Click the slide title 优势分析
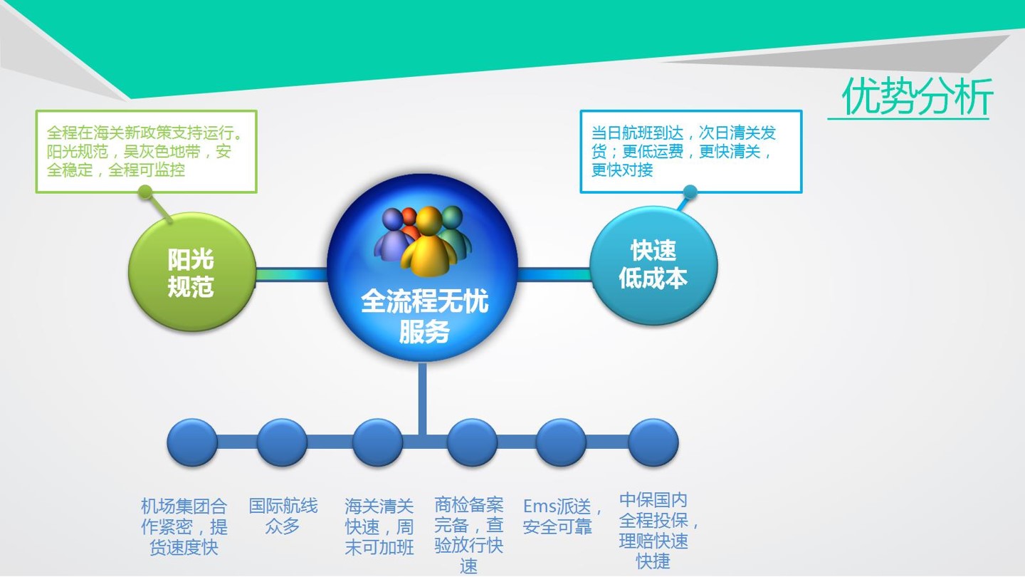pyautogui.click(x=917, y=95)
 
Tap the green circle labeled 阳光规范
pyautogui.click(x=191, y=271)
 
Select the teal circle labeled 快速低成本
pyautogui.click(x=653, y=266)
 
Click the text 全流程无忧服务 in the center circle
pyautogui.click(x=425, y=316)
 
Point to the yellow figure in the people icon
pyautogui.click(x=429, y=243)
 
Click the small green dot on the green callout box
pyautogui.click(x=145, y=192)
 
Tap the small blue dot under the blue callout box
pyautogui.click(x=690, y=192)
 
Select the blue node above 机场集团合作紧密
pyautogui.click(x=192, y=442)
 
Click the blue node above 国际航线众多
pyautogui.click(x=282, y=442)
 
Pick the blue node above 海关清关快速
pyautogui.click(x=378, y=442)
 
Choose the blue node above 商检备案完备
pyautogui.click(x=472, y=442)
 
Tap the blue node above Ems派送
pyautogui.click(x=561, y=442)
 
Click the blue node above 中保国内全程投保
pyautogui.click(x=653, y=442)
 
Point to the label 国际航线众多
pyautogui.click(x=283, y=516)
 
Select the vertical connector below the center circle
pyautogui.click(x=422, y=397)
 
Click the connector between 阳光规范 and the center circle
pyautogui.click(x=292, y=274)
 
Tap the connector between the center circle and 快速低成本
pyautogui.click(x=554, y=274)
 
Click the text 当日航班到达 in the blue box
pyautogui.click(x=638, y=133)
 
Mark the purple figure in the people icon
pyautogui.click(x=391, y=234)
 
